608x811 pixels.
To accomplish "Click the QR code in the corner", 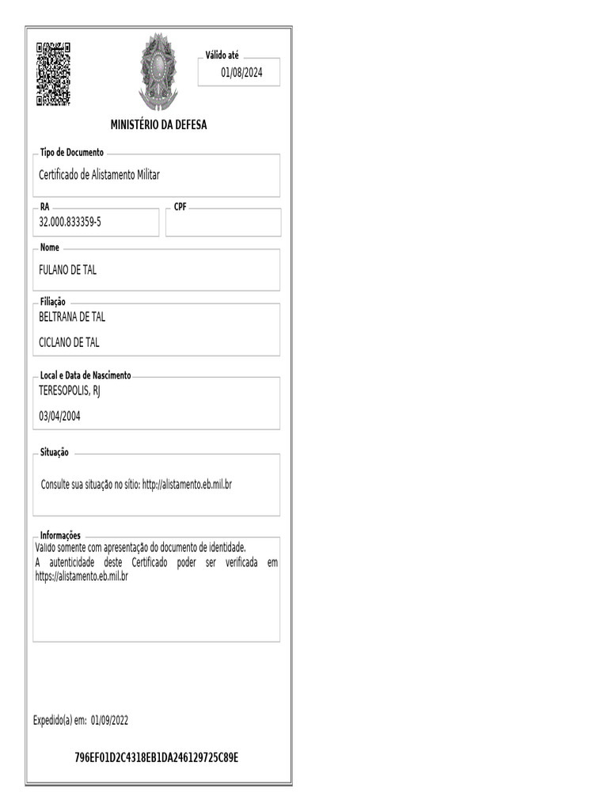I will point(53,74).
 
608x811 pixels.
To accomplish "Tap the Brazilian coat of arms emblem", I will point(158,71).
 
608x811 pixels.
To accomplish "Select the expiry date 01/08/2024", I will point(241,73).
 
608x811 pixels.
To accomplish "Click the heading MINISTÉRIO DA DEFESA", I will point(158,125).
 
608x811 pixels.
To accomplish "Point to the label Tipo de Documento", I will point(71,152).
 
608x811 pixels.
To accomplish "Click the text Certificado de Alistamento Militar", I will point(99,175).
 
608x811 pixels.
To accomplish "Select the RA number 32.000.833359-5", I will point(70,223).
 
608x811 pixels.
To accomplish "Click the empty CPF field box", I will point(223,223).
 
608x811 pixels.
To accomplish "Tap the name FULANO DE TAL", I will point(68,270).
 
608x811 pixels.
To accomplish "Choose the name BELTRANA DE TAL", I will point(72,317).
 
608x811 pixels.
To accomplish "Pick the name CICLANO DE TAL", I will point(70,342).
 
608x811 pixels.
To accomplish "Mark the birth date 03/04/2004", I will point(59,415).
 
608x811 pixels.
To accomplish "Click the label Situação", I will point(55,452).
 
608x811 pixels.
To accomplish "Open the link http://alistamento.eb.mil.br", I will point(187,484).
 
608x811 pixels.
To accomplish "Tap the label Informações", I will point(60,535).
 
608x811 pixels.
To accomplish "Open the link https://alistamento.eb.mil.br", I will point(82,577).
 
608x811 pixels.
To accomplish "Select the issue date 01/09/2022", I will point(109,720).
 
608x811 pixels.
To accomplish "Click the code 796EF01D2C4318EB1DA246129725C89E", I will point(157,758).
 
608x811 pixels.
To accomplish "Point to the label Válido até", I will point(222,55).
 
